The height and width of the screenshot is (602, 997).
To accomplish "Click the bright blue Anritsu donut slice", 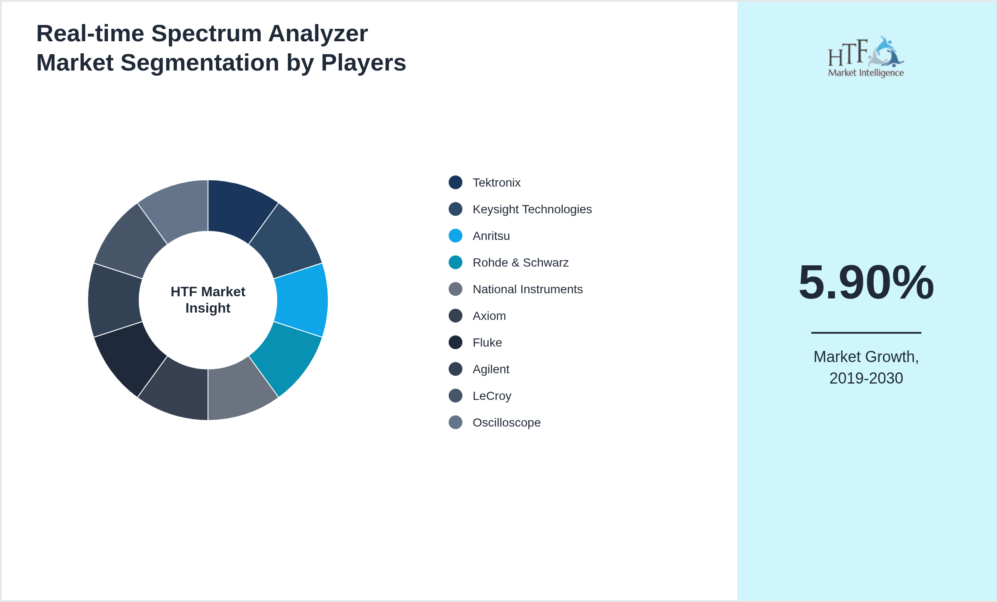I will click(x=302, y=300).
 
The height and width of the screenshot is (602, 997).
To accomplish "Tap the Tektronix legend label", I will click(x=496, y=183).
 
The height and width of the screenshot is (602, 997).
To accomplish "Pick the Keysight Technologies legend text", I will click(x=532, y=209).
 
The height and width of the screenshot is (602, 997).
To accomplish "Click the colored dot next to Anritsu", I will click(x=456, y=236).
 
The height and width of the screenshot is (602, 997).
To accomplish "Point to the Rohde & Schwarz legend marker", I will click(x=456, y=262).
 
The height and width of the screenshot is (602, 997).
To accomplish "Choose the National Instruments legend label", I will click(x=527, y=289).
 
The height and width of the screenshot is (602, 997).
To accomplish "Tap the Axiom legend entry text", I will click(x=489, y=316).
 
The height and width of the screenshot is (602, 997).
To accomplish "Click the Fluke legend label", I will click(x=487, y=343).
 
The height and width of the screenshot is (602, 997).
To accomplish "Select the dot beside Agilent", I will click(x=456, y=369).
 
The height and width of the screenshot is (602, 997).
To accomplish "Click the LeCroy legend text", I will click(x=492, y=396).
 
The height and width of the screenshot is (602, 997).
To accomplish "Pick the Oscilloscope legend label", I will click(x=506, y=423).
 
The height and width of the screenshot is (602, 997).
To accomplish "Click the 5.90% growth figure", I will click(x=866, y=283).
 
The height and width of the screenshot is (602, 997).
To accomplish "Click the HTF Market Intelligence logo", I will click(x=866, y=57).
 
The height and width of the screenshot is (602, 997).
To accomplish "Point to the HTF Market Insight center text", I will click(x=208, y=300).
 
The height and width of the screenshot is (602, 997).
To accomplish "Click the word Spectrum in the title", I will click(x=206, y=34).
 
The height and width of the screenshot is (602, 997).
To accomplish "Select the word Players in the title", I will click(x=363, y=63).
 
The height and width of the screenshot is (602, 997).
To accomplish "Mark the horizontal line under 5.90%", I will click(x=866, y=332).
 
